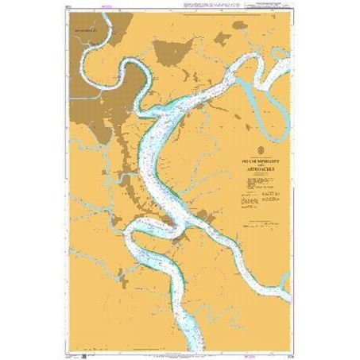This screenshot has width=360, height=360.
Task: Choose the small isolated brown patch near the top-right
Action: pyautogui.click(x=240, y=25)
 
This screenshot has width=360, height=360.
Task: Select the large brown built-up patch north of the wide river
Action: pyautogui.click(x=172, y=52)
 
